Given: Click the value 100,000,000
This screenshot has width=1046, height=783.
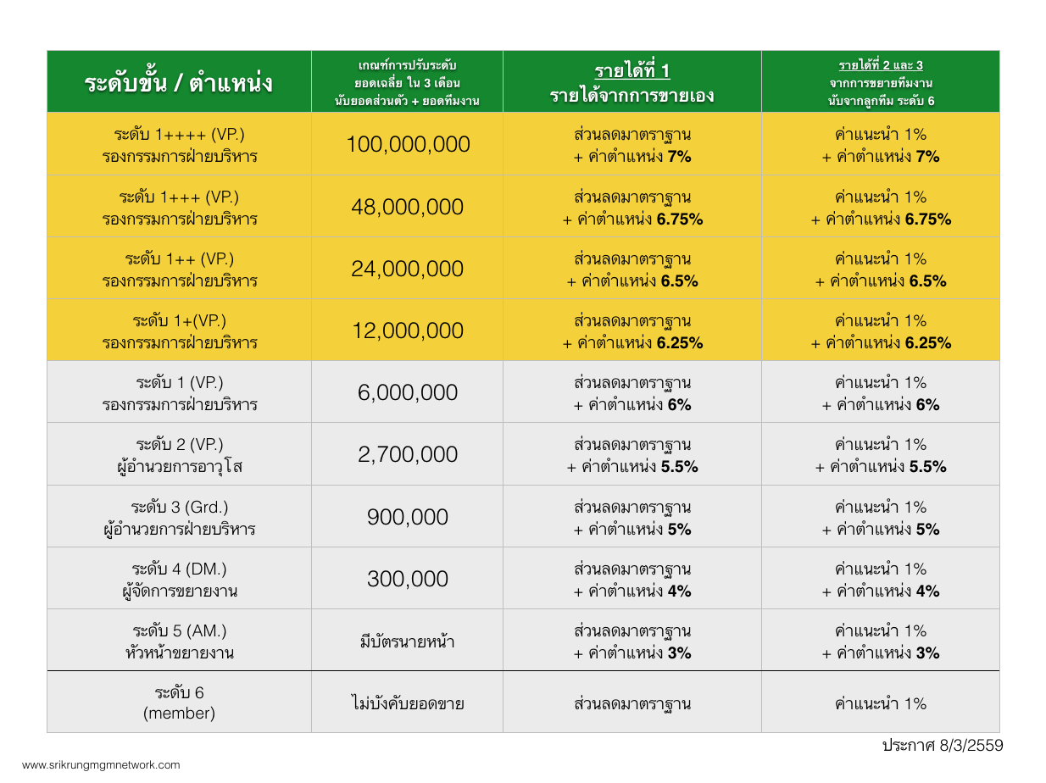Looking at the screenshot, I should point(407,144).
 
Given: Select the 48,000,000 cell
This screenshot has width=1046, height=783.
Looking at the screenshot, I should point(407,207).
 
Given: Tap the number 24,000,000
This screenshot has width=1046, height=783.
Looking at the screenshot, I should point(407,269).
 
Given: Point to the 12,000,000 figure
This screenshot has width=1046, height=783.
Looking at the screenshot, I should point(407,330).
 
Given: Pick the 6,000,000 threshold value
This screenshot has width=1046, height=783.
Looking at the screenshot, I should point(407,392).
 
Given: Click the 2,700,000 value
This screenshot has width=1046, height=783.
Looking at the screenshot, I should point(407,454).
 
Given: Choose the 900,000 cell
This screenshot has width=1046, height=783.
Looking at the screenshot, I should point(407,517).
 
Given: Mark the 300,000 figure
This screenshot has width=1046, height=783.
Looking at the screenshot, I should point(407,579).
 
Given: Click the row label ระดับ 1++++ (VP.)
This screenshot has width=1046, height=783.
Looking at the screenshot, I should point(179,135).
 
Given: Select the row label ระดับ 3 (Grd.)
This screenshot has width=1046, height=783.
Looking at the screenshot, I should point(179,508).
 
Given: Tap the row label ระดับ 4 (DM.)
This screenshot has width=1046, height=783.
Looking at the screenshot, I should point(179,569).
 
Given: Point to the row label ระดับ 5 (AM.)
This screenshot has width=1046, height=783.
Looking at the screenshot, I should point(179,631).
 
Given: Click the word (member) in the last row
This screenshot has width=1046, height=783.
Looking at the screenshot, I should point(179,714).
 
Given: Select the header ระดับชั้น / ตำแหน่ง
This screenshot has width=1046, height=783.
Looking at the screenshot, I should point(179,83).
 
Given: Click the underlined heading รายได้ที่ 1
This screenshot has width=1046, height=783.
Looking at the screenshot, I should point(631,70).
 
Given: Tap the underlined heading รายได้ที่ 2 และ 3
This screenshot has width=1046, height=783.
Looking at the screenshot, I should point(880,65).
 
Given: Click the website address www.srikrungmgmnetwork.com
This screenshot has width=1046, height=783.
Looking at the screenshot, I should point(101,764).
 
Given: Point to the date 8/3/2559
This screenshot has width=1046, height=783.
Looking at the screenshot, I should point(971,746).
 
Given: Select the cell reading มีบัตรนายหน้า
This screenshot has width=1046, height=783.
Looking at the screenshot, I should point(407,641).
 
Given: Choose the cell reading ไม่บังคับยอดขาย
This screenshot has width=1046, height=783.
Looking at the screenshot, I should point(407,703).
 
